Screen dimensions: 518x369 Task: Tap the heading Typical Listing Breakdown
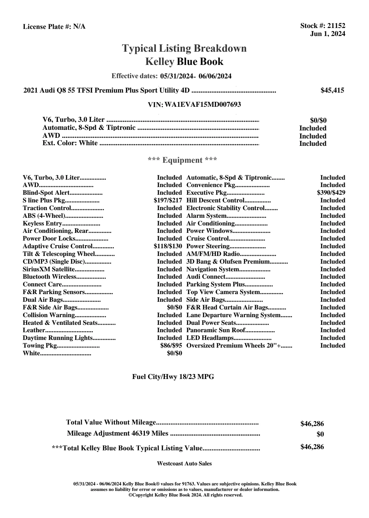click(x=184, y=48)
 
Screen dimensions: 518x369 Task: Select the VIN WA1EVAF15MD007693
click(x=203, y=105)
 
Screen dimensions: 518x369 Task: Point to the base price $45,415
click(x=332, y=90)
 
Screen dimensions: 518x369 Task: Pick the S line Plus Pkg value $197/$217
click(x=168, y=201)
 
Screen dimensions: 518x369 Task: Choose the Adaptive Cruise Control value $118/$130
click(x=168, y=246)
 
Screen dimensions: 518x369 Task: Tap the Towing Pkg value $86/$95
click(x=171, y=346)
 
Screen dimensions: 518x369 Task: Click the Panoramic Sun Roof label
click(x=216, y=330)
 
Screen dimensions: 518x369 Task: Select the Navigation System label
click(x=213, y=269)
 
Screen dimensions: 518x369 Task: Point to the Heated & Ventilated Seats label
click(x=60, y=323)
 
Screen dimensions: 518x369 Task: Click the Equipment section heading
click(x=183, y=160)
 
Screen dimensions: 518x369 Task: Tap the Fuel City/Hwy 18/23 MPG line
click(x=173, y=377)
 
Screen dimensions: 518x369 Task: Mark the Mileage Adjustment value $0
click(x=320, y=435)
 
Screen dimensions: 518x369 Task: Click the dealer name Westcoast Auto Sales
click(x=184, y=464)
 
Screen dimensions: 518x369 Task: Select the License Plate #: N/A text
click(x=54, y=27)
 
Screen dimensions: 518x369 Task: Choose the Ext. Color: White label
click(x=70, y=143)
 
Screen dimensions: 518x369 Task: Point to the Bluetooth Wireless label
click(x=49, y=277)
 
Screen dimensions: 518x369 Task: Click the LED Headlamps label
click(x=210, y=338)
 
